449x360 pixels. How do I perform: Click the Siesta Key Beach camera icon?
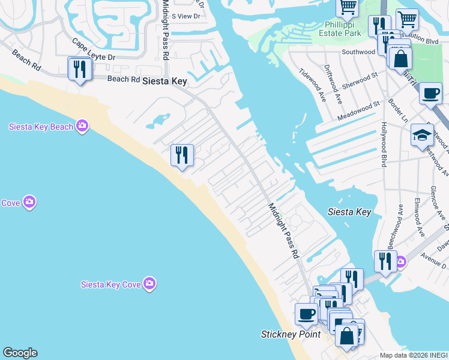(82, 126)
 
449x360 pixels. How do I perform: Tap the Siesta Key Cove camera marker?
(149, 283)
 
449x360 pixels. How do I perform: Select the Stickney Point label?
(291, 334)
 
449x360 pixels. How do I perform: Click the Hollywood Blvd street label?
(384, 144)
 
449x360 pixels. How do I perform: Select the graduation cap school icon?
(422, 134)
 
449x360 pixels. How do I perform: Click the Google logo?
(20, 353)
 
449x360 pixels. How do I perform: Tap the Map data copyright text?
(414, 355)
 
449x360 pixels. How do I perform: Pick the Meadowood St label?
(359, 110)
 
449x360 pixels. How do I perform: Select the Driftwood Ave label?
(333, 83)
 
